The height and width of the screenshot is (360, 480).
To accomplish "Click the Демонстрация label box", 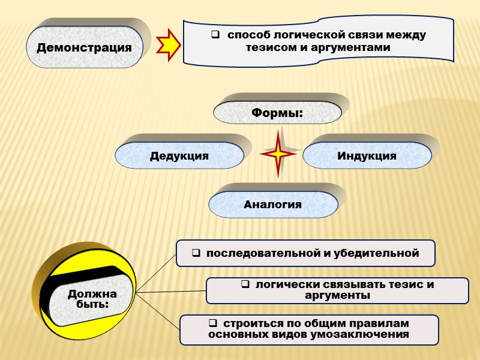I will (x=84, y=47).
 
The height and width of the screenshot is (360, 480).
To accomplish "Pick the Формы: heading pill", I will (x=277, y=112).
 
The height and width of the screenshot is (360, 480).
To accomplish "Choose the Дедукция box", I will (x=179, y=156).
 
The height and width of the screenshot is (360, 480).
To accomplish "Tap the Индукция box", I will (x=367, y=156).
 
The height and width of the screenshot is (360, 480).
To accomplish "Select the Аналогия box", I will (x=272, y=205).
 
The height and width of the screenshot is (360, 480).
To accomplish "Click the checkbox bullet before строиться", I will (x=212, y=323).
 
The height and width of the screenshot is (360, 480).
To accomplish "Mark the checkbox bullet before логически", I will (x=245, y=284).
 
